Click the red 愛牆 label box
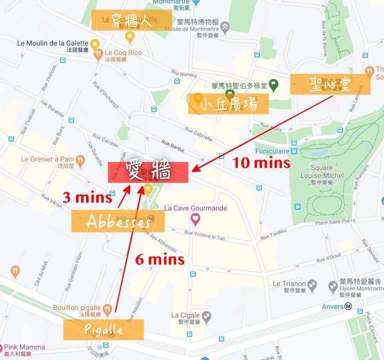click(x=148, y=172)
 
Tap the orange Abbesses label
click(x=111, y=221)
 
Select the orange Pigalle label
click(x=104, y=330)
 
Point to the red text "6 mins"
click(x=160, y=259)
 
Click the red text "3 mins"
click(x=87, y=197)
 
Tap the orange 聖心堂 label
click(x=330, y=84)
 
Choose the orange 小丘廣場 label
click(x=228, y=104)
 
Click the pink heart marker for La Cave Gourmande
click(x=195, y=218)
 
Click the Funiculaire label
click(x=272, y=151)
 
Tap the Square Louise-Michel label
click(x=322, y=172)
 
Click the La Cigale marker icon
click(x=206, y=316)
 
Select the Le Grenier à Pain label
click(x=48, y=159)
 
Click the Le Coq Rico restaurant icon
click(x=99, y=53)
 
